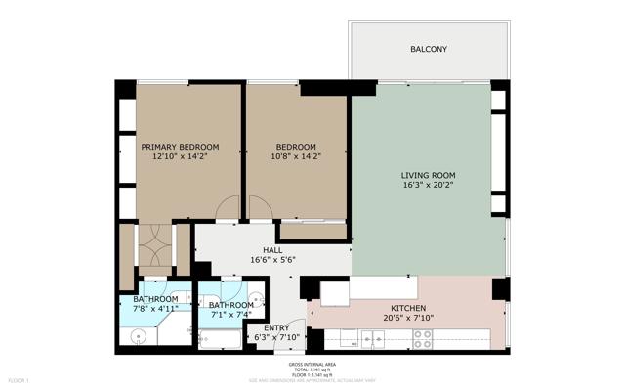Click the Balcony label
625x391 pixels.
pos(429,48)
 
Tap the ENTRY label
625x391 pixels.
pos(276,327)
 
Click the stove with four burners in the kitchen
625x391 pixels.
pos(423,338)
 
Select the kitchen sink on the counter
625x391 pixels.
pos(370,338)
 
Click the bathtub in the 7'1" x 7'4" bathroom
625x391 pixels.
pos(221,339)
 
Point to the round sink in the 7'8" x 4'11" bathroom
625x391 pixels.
pos(138,337)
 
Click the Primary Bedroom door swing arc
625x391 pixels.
pos(228,207)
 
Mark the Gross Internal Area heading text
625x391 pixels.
pos(312,363)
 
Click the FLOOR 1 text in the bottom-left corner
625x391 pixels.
pos(19,379)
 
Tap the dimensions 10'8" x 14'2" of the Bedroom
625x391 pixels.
pos(296,156)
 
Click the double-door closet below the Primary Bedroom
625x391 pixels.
pos(153,248)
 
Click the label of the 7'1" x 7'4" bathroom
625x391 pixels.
pos(231,305)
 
